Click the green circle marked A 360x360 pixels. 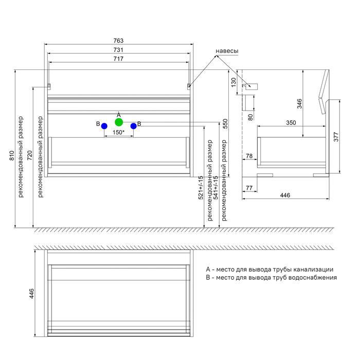click(x=119, y=122)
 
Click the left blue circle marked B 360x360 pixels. click(x=104, y=125)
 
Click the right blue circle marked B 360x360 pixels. click(x=133, y=125)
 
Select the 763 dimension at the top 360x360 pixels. click(x=118, y=41)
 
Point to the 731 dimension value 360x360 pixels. click(x=118, y=50)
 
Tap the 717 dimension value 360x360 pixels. click(x=118, y=59)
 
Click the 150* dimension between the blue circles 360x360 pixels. click(x=119, y=133)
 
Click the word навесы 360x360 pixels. click(x=227, y=51)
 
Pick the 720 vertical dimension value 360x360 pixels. click(x=30, y=154)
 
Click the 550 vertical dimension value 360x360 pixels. click(x=225, y=123)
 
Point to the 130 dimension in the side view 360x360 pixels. click(x=233, y=81)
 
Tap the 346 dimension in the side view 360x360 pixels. click(x=299, y=103)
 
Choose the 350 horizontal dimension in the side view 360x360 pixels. click(x=291, y=123)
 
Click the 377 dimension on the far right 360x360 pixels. click(x=336, y=137)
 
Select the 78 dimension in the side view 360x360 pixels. click(x=249, y=155)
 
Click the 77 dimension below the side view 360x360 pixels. click(x=249, y=188)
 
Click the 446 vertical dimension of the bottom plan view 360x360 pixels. click(x=31, y=294)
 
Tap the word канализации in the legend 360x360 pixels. click(x=315, y=269)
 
